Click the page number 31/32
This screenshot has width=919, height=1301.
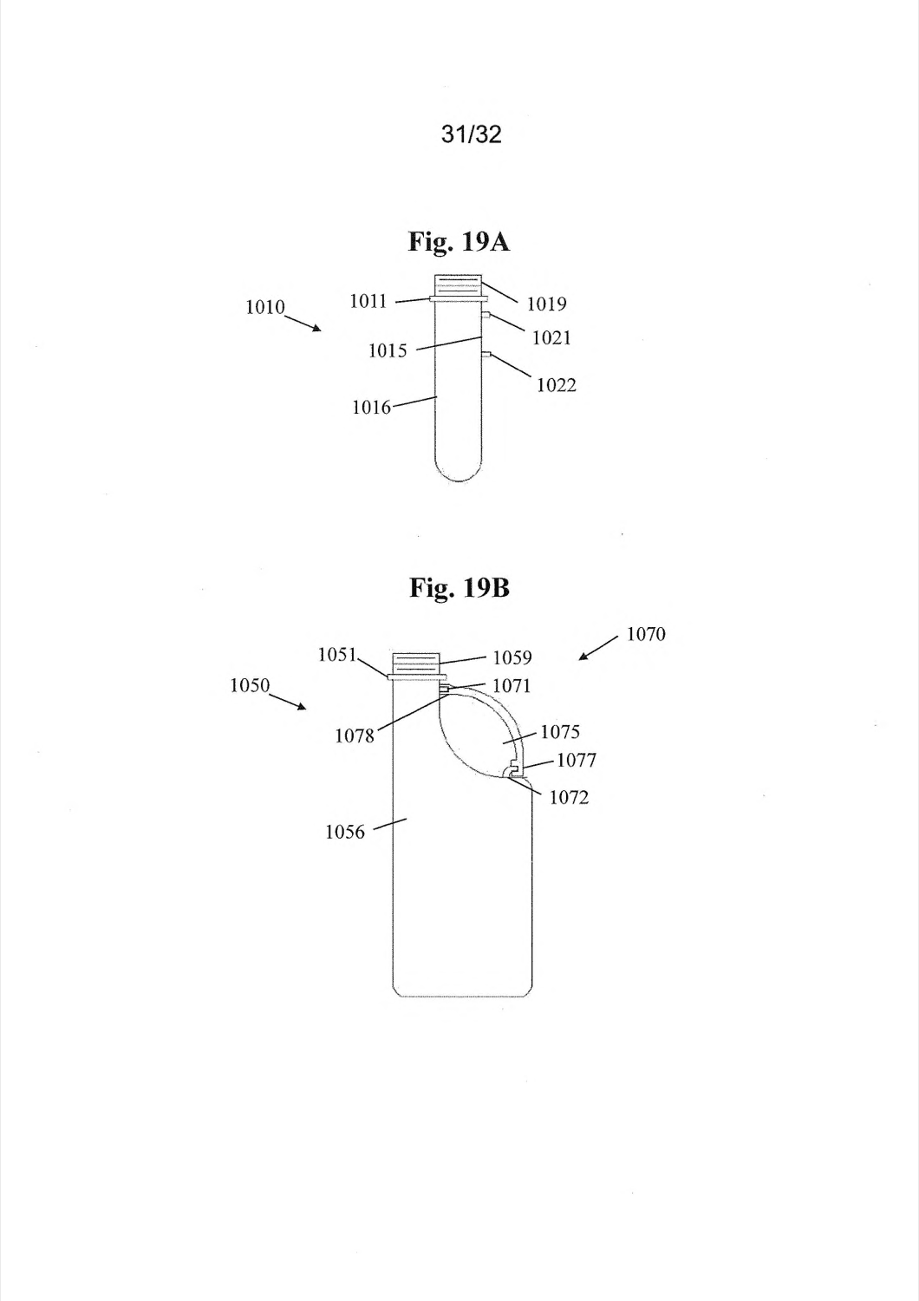tap(471, 134)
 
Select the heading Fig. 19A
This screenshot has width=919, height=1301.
tap(459, 242)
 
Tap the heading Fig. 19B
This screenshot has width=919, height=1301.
tap(459, 587)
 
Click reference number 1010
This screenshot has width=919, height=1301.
tap(265, 307)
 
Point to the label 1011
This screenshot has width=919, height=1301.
tap(368, 301)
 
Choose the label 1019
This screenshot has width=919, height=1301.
tap(546, 304)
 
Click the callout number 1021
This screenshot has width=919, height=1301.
tap(551, 337)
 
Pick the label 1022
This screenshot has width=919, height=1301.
tap(556, 385)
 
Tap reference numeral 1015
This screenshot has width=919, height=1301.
tap(388, 350)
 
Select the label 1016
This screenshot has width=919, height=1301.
tap(372, 408)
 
